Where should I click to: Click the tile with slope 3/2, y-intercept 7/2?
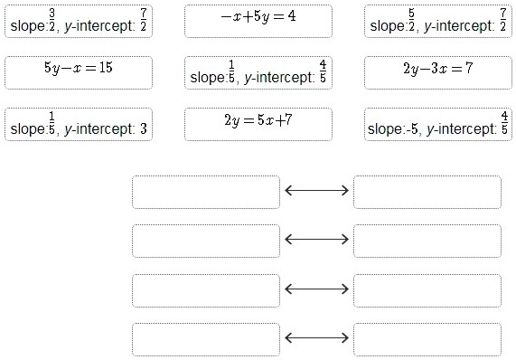pos(79,21)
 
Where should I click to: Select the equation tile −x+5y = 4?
pos(258,21)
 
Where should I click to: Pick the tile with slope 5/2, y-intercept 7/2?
pos(438,21)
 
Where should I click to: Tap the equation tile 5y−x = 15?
pos(79,72)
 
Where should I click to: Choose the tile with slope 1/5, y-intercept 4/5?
pos(258,72)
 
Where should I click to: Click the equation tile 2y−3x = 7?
pos(438,72)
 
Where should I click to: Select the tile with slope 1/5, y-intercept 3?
pos(79,124)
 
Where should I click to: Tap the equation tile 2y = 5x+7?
pos(258,124)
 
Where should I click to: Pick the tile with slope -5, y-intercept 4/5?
pos(438,124)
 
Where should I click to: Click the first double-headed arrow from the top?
pos(316,191)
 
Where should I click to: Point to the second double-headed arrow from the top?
pos(316,240)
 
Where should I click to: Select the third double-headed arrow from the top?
pos(316,289)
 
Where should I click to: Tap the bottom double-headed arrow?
pos(316,337)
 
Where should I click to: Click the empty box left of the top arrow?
pos(205,192)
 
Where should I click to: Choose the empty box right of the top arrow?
pos(427,192)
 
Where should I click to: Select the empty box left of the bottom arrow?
pos(205,338)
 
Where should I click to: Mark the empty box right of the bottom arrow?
pos(427,338)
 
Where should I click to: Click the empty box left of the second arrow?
pos(205,241)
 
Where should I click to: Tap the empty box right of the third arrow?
pos(427,289)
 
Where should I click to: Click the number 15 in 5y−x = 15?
pos(105,68)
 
